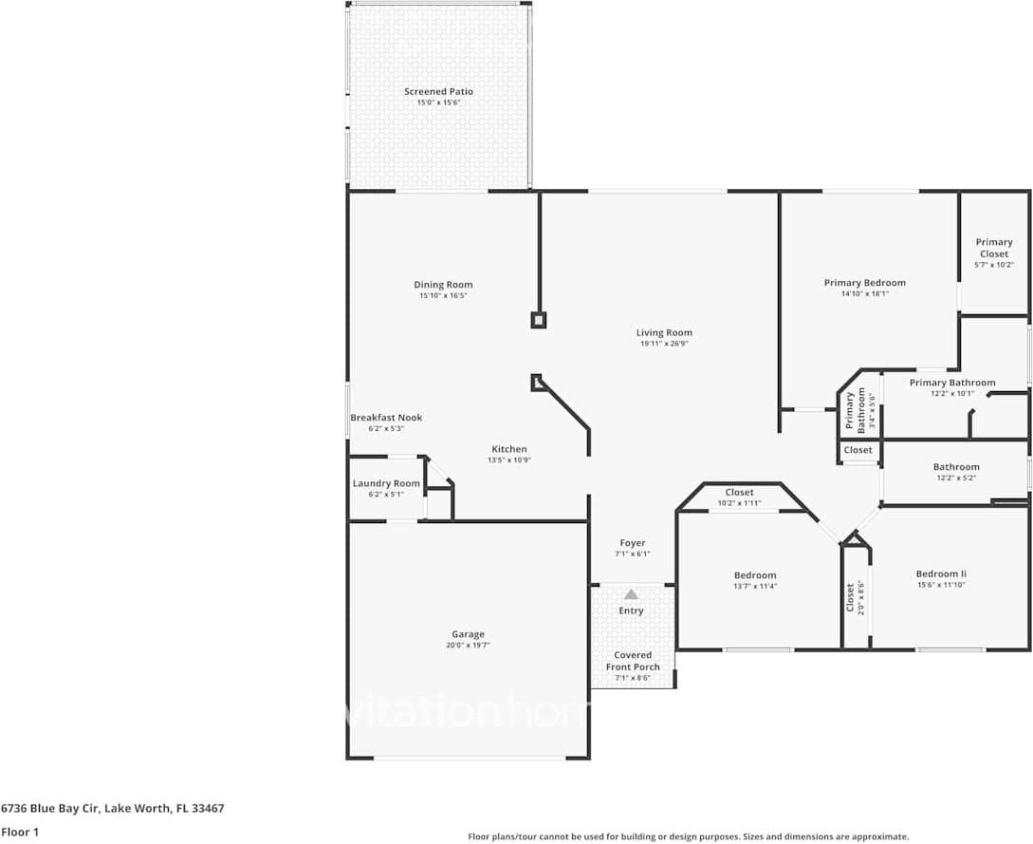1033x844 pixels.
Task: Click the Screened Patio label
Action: (438, 92)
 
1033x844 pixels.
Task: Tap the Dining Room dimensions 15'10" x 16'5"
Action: (443, 296)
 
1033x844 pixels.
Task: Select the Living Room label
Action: (664, 333)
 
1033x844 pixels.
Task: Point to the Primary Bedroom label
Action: (864, 283)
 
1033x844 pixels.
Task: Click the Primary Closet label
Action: (994, 248)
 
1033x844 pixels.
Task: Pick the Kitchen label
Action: (508, 449)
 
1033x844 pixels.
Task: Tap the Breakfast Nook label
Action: (386, 418)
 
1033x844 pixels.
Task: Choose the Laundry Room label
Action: (386, 483)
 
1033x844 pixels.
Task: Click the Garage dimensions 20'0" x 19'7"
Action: (468, 646)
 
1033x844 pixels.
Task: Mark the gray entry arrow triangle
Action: (631, 594)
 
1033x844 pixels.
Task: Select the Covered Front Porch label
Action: (633, 661)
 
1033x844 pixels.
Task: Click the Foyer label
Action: (633, 543)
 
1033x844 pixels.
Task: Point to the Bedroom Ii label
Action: (941, 573)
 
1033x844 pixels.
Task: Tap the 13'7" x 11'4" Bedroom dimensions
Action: (755, 587)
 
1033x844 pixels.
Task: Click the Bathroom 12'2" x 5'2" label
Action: (955, 467)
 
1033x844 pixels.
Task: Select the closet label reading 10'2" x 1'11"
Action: (739, 503)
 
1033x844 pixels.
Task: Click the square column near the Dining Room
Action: (538, 320)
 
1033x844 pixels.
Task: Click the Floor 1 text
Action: (19, 832)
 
